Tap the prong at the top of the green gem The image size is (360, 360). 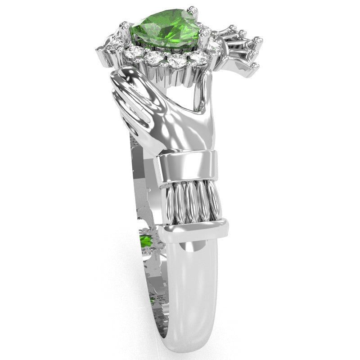(x=192, y=9)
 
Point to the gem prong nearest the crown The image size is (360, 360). (x=205, y=32)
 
